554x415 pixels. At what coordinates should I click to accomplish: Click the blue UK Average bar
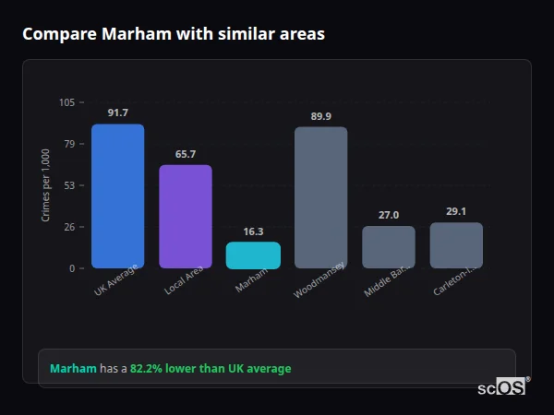[117, 196]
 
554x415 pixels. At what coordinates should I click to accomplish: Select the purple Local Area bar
[186, 217]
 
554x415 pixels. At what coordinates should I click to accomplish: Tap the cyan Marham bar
[253, 255]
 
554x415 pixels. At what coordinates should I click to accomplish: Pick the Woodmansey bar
[320, 197]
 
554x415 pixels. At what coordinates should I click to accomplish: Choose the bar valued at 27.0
[389, 247]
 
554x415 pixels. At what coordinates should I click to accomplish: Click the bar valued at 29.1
[456, 245]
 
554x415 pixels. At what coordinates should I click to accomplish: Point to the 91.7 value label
[117, 113]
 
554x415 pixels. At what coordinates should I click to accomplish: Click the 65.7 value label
[186, 154]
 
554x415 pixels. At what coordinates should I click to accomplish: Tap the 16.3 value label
[253, 231]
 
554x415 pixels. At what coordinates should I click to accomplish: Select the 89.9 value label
[320, 116]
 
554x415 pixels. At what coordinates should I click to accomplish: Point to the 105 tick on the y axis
[66, 102]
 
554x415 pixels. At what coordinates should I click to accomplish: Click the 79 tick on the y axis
[69, 144]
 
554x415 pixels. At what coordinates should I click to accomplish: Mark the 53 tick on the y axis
[69, 185]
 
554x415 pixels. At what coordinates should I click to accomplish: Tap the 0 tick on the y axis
[72, 268]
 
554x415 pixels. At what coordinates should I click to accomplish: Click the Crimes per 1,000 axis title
[45, 184]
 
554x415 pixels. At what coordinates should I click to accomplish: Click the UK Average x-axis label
[115, 280]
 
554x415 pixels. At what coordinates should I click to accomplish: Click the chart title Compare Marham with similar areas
[174, 34]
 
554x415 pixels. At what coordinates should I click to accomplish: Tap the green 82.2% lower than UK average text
[211, 369]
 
